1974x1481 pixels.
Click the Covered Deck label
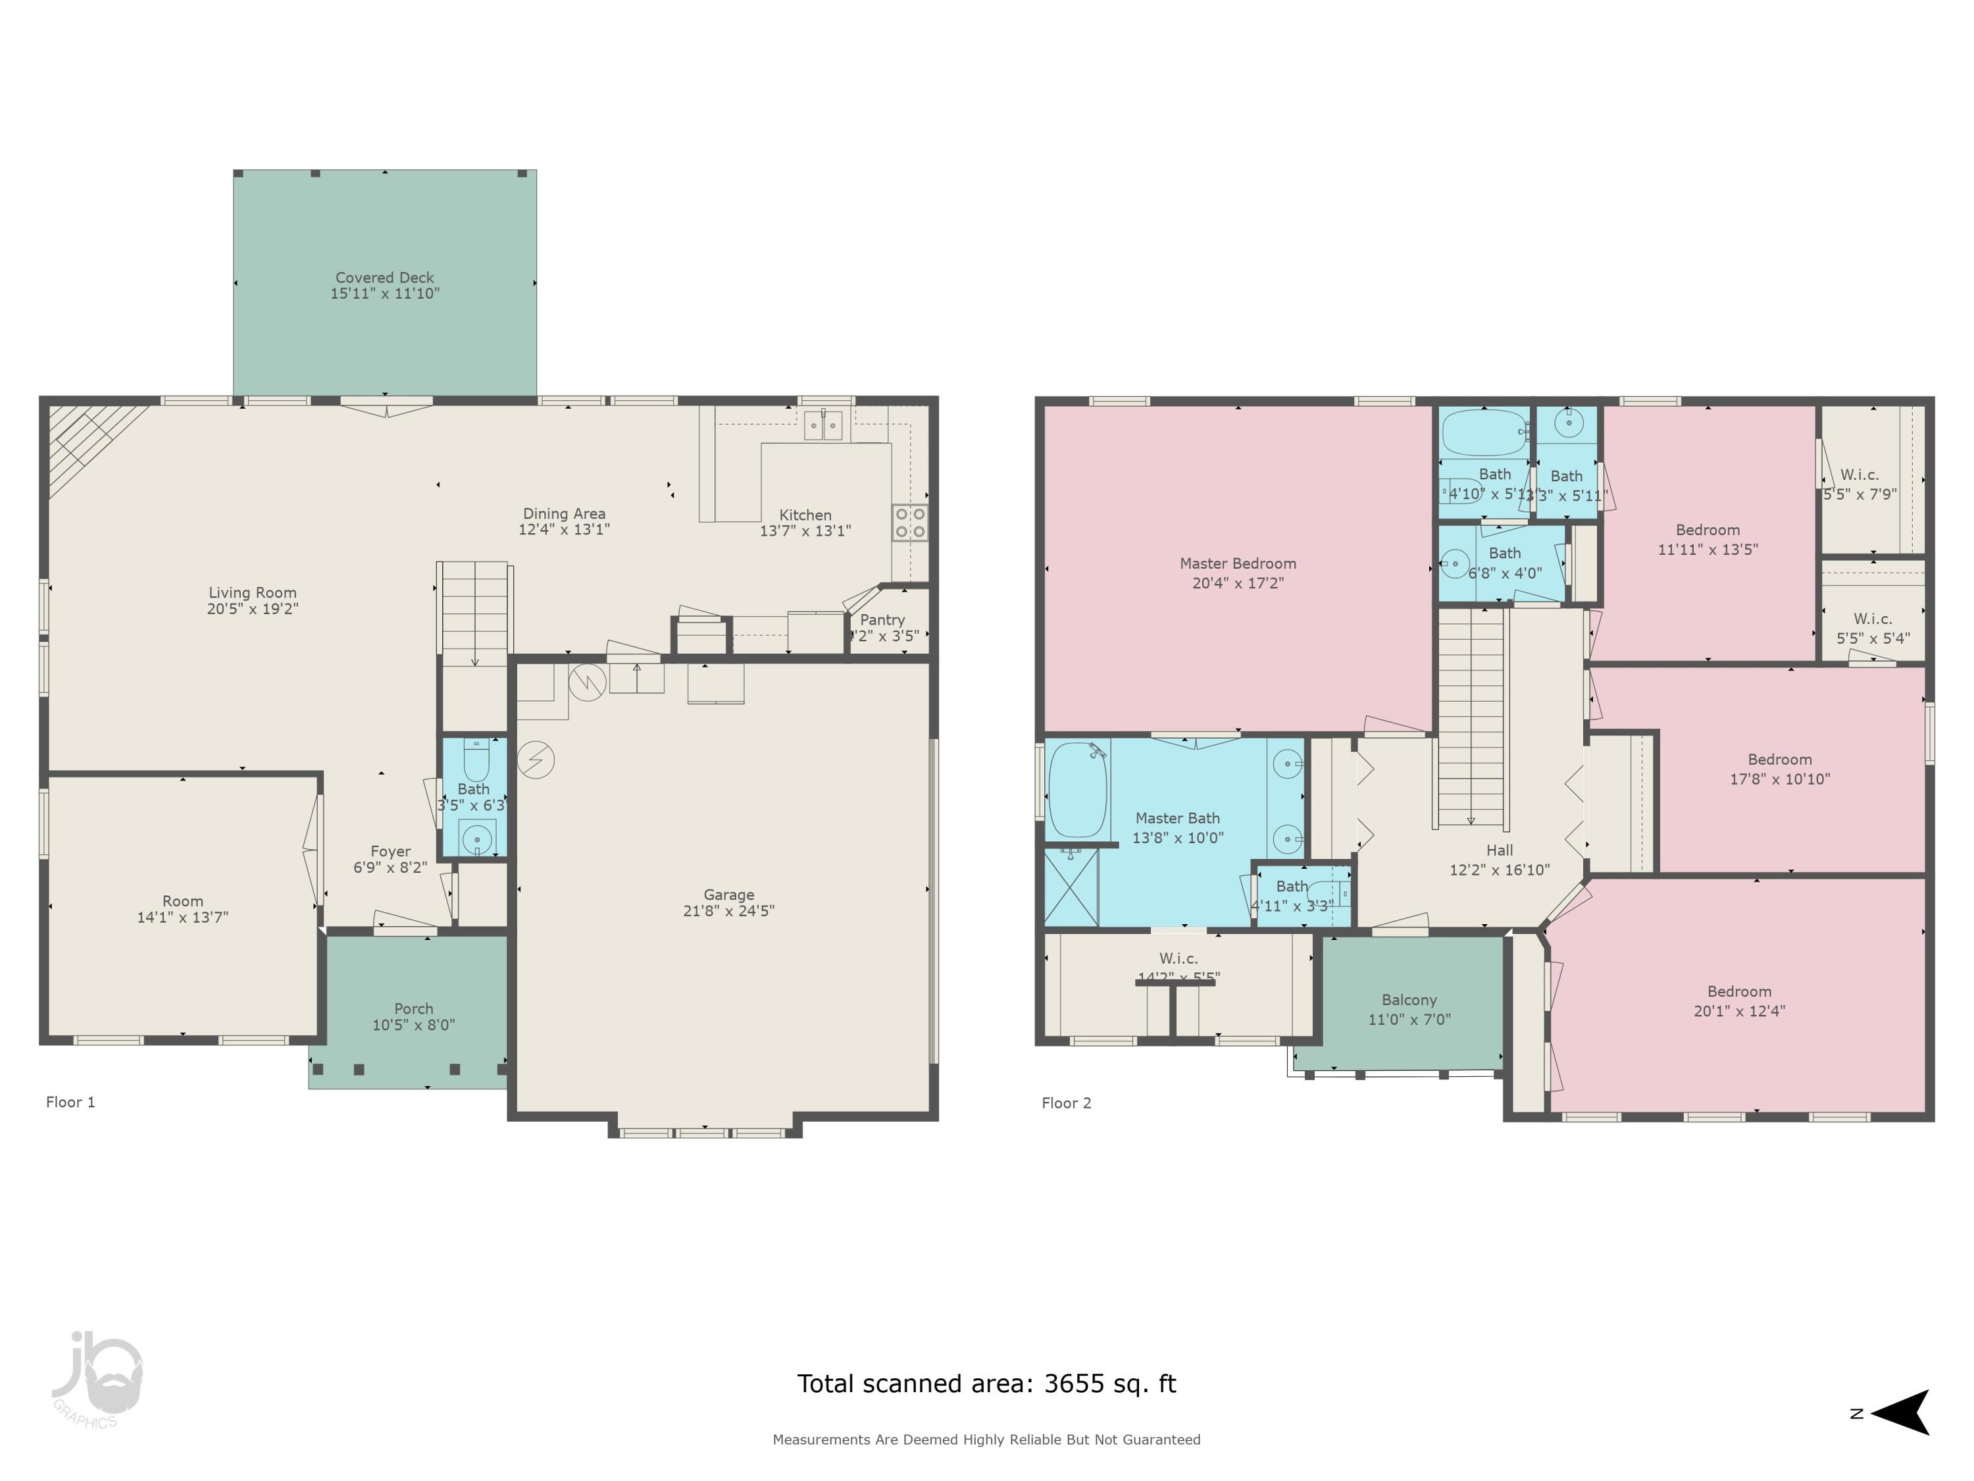click(x=385, y=278)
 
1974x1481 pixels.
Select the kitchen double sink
click(x=822, y=426)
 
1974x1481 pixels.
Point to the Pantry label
click(x=882, y=619)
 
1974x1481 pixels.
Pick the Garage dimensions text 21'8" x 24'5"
click(x=728, y=910)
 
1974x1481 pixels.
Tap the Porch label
click(x=413, y=1009)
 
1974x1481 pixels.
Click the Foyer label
click(x=390, y=852)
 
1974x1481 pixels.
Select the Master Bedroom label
click(x=1238, y=563)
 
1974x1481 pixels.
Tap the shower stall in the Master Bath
click(x=1071, y=887)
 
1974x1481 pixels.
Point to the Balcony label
click(x=1409, y=1000)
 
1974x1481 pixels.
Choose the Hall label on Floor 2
click(x=1499, y=850)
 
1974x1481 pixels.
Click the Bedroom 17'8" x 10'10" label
click(x=1779, y=760)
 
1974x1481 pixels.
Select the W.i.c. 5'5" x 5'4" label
click(x=1872, y=619)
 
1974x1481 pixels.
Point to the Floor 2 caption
click(x=1067, y=1103)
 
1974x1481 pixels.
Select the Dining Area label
click(x=564, y=513)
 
